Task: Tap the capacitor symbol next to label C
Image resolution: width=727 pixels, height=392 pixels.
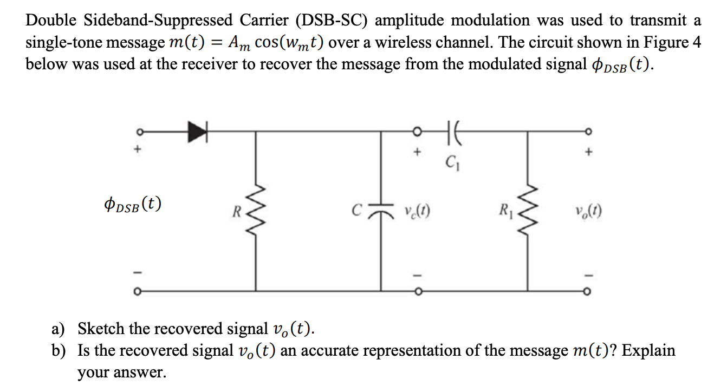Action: click(381, 210)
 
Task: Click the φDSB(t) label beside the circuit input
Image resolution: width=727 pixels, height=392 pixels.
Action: click(134, 205)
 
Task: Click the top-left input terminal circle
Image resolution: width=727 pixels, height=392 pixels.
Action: click(139, 132)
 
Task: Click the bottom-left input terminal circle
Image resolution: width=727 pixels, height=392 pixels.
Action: click(139, 292)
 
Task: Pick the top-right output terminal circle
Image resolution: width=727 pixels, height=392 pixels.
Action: click(587, 132)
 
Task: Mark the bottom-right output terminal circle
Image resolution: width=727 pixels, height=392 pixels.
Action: click(587, 292)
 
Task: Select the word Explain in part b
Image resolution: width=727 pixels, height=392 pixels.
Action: click(648, 350)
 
